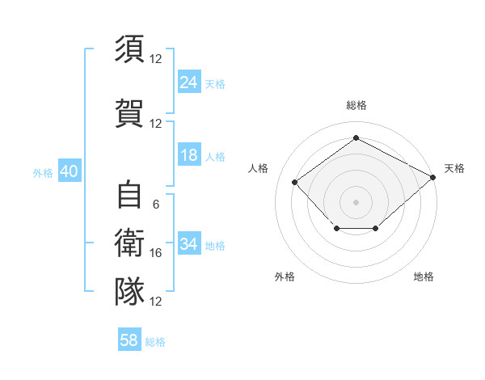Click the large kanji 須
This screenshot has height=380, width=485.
(129, 49)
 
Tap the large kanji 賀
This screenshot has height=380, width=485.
(129, 113)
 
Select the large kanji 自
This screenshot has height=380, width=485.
(129, 194)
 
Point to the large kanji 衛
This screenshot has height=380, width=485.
(129, 243)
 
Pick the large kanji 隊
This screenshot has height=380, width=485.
(129, 291)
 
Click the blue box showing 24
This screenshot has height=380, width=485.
(189, 82)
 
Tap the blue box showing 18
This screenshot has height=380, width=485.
(189, 154)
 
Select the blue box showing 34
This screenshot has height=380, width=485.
(189, 243)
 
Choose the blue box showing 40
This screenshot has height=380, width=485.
(70, 171)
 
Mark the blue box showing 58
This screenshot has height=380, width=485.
(129, 339)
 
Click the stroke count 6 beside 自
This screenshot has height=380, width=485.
(156, 205)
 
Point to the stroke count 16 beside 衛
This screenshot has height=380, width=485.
(155, 253)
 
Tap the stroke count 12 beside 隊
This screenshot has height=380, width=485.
(155, 302)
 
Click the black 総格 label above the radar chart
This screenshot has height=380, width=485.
(356, 105)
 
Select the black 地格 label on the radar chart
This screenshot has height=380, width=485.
(424, 277)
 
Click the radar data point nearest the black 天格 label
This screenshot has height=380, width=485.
(433, 177)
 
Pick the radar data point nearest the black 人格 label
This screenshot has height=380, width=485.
(294, 182)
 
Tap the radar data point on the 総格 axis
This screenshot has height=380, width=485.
(356, 137)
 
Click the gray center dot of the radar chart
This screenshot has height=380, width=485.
(356, 202)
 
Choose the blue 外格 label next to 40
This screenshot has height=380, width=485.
(43, 173)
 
